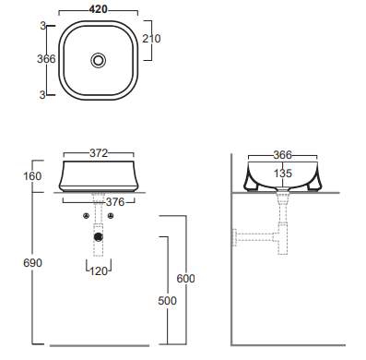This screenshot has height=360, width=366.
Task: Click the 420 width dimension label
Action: point(99,9)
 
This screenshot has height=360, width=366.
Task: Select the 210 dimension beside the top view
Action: point(151,39)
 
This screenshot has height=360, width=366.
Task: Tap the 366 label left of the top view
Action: point(46,59)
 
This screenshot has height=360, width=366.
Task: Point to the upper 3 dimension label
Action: point(43,26)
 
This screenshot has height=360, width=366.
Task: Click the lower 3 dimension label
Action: point(42,95)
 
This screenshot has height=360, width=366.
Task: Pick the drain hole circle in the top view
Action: point(99,60)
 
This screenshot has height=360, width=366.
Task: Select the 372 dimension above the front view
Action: point(99,153)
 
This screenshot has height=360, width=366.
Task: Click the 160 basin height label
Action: point(32,176)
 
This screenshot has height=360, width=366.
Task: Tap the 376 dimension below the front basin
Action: point(115,202)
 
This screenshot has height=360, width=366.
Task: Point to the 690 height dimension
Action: point(32,263)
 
